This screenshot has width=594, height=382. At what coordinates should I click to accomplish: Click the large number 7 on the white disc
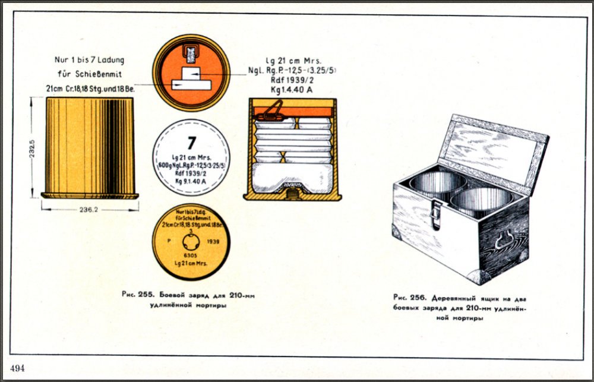click(x=191, y=143)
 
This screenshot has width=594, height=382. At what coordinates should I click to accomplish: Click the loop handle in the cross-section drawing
click(x=272, y=111)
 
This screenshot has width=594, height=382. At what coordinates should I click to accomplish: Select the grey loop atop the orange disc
click(x=191, y=55)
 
